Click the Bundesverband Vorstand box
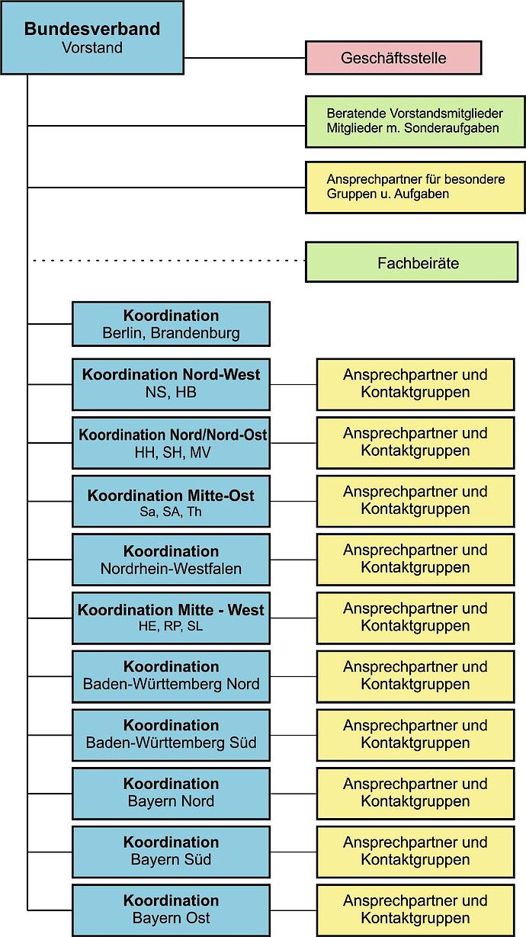point(91,37)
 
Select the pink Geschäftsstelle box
point(393,58)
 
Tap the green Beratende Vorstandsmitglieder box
point(415,120)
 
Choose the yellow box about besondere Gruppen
point(415,187)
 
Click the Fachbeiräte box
point(412,262)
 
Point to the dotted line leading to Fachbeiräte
point(168,261)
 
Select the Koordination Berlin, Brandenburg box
point(171,324)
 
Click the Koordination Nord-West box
point(171,383)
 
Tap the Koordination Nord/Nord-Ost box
point(171,442)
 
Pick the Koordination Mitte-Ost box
point(171,502)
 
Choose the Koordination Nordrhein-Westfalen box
point(171,560)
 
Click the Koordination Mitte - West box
point(171,618)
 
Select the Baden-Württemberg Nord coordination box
point(171,675)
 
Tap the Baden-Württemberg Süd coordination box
point(171,734)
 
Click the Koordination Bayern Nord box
point(171,793)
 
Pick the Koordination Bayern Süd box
point(171,851)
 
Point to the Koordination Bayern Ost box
point(171,910)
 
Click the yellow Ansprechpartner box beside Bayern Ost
point(415,910)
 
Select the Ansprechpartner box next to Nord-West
point(415,383)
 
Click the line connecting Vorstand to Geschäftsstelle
point(244,58)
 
